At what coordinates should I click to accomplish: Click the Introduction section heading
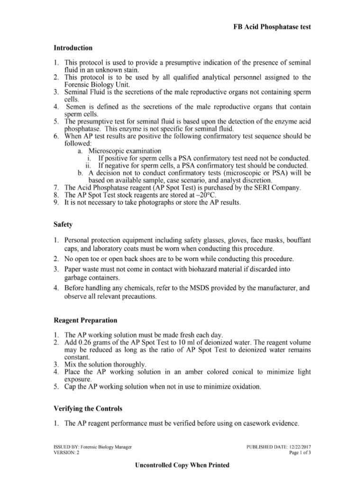click(73, 48)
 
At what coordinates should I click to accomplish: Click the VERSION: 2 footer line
click(67, 452)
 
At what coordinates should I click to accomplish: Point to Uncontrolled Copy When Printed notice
click(182, 465)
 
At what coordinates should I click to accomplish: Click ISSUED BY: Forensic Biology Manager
click(92, 447)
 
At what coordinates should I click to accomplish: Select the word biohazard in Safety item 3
click(185, 269)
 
